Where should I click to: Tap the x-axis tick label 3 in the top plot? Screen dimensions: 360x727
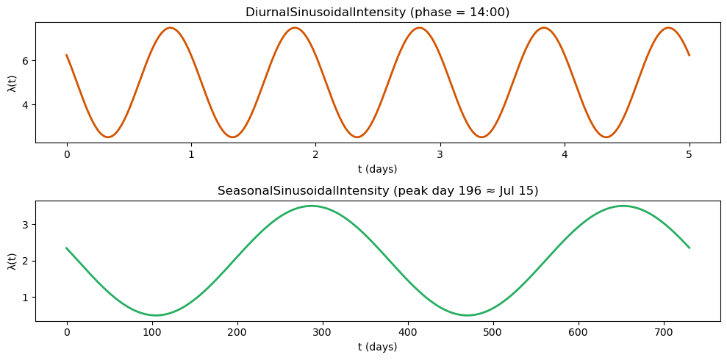point(440,154)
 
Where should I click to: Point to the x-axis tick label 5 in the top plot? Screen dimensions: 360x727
point(690,154)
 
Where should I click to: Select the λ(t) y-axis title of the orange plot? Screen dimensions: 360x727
point(11,83)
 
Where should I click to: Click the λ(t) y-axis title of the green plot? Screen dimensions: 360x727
point(11,261)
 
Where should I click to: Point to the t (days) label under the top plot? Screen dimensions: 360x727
point(378,169)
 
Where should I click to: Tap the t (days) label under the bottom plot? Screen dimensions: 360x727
point(378,347)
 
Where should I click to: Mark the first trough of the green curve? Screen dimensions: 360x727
point(156,315)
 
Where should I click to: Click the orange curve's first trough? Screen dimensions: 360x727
point(108,137)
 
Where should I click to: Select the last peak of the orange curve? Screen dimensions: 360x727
point(668,28)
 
